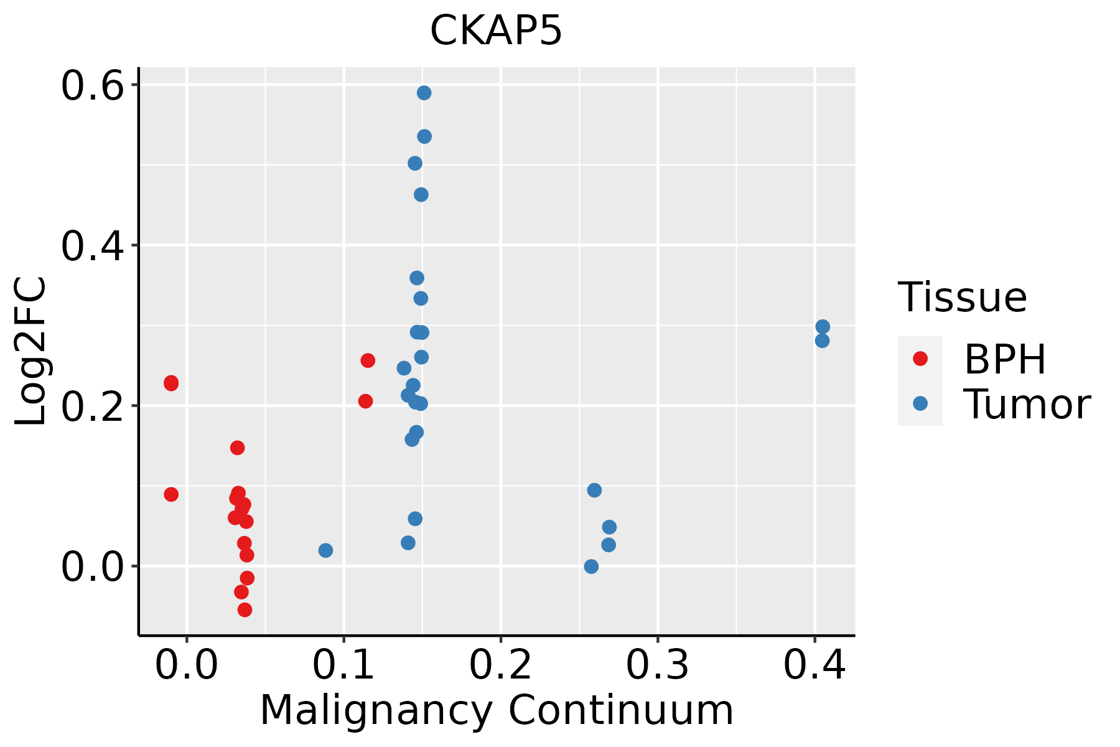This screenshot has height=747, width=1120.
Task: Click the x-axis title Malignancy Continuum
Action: tap(497, 710)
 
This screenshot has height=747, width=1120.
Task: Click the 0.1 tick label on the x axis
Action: tap(343, 665)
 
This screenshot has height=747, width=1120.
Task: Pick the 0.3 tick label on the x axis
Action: tap(657, 665)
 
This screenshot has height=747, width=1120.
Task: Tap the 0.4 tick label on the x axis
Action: tap(814, 665)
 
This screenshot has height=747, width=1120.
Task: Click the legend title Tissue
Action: tap(963, 297)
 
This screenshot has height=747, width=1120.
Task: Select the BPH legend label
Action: tap(1005, 359)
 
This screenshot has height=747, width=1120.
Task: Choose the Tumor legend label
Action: tap(1027, 404)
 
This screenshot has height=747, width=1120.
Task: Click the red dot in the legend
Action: tap(920, 359)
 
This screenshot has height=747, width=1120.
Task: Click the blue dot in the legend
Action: tap(920, 403)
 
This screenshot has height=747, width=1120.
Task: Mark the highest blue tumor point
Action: tap(424, 93)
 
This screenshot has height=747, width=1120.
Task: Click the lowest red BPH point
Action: tap(245, 609)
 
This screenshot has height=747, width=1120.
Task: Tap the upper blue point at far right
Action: tap(823, 327)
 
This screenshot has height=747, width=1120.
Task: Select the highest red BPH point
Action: tap(368, 360)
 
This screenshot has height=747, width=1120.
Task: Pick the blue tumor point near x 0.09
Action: tap(325, 550)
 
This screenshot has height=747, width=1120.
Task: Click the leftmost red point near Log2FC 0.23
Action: tap(171, 383)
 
